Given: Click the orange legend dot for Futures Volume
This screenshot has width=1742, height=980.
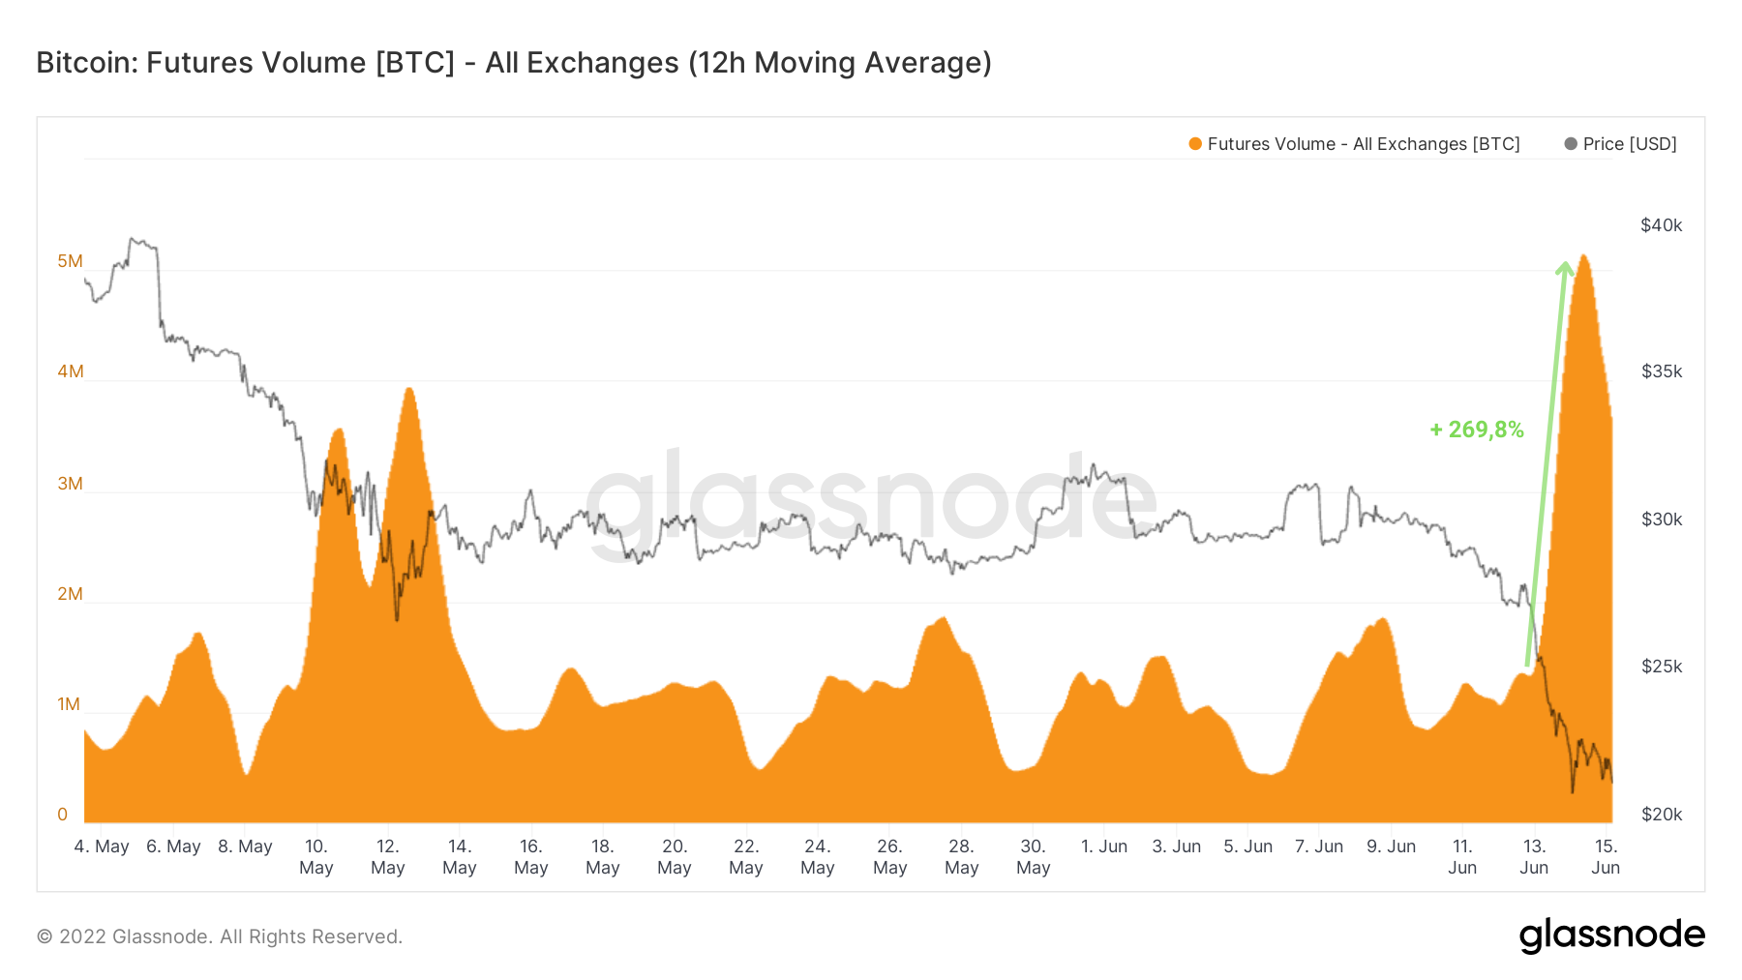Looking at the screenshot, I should coord(1195,144).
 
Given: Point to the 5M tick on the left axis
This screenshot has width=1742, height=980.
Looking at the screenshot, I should coord(70,261).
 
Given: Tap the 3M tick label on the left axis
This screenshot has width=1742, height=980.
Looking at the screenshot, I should coord(70,484).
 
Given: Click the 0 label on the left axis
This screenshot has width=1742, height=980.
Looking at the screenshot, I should coord(63,815).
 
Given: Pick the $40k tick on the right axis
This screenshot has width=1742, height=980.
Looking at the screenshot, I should coord(1661,225).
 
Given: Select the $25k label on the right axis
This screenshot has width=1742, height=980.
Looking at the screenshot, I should coord(1661,667).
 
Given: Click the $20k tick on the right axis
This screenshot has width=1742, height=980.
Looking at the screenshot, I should coord(1661,815).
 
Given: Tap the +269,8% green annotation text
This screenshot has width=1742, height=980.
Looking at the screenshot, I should coord(1476,430).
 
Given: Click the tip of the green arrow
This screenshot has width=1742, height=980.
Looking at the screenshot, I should coord(1565,262).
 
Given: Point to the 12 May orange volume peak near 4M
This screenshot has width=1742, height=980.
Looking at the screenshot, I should coord(409,389).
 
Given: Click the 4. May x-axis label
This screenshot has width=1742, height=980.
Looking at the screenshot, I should coord(102,846).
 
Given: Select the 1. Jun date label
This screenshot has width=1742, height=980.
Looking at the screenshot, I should coord(1104,846).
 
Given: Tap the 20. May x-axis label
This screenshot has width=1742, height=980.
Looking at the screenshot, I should coord(675,857).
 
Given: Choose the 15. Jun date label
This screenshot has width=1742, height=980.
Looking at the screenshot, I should coord(1606,857).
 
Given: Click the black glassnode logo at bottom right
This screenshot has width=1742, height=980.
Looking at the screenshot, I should coord(1611,935).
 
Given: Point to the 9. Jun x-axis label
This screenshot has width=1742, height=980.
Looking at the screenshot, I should coord(1391,846).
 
